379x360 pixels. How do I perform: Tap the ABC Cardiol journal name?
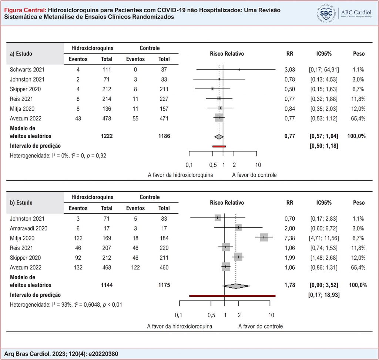coord(356,12)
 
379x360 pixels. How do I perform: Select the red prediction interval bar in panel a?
coord(219,146)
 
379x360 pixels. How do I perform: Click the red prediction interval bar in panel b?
coord(232,296)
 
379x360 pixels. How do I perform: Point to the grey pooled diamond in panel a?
coord(219,137)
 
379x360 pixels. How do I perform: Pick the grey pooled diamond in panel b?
coord(236,286)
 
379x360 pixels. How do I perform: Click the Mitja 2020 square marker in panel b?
coord(264,237)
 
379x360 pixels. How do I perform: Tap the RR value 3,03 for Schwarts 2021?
coord(289,70)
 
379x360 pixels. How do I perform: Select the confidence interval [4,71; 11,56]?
coord(324,238)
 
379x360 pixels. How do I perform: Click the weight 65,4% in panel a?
coord(358,119)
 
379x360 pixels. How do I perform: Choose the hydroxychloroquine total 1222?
coord(107,136)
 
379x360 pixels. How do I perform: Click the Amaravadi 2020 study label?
coord(28,229)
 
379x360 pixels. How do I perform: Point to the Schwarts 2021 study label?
coord(27,70)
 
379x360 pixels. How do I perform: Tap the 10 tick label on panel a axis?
coord(258,165)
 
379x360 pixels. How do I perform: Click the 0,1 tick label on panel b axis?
coord(178,315)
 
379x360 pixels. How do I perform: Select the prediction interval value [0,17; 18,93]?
coord(324,295)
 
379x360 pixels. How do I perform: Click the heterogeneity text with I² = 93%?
coord(66,304)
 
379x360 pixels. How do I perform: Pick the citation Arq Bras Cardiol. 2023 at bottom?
coord(61,354)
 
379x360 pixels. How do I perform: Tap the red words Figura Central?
coord(25,10)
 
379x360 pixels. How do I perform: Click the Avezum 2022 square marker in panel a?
coord(219,117)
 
